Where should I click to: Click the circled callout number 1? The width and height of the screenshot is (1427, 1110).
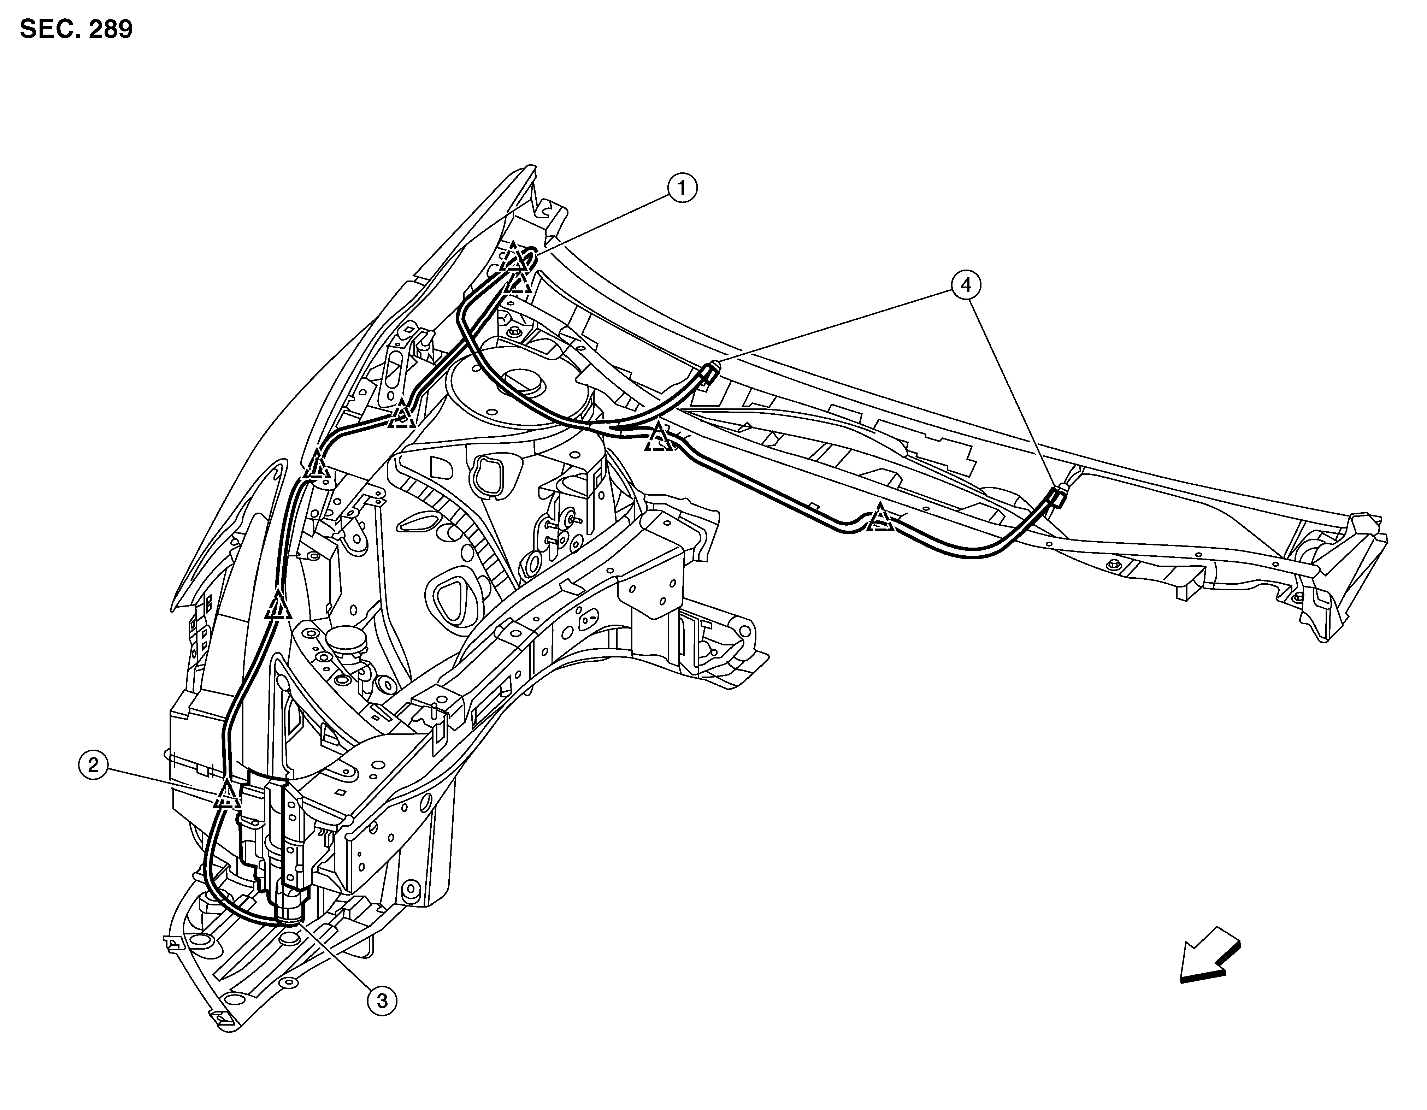pos(682,188)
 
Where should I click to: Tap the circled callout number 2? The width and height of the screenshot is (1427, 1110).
pos(93,764)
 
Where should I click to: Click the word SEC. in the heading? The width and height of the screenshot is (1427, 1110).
pos(48,29)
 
